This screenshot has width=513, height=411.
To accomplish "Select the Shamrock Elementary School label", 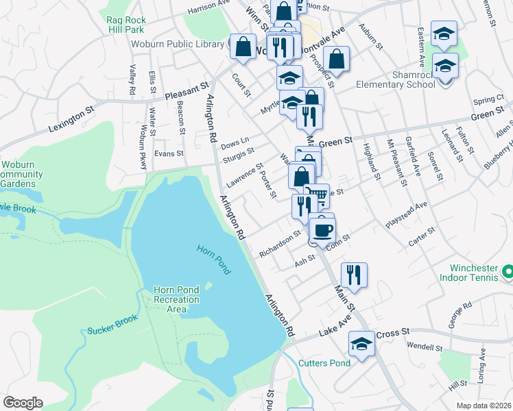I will (x=395, y=79).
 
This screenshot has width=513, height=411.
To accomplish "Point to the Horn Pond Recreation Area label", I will (x=176, y=299).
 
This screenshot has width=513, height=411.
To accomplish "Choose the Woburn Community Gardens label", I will (x=21, y=174).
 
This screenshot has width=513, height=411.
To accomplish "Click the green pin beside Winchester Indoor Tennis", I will (x=507, y=272).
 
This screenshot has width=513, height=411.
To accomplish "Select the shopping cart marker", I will (x=316, y=195).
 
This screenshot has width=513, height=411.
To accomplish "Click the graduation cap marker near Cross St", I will (x=361, y=343).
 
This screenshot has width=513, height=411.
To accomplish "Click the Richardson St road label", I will (x=281, y=244).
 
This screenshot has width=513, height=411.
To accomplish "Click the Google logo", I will (x=23, y=403).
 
